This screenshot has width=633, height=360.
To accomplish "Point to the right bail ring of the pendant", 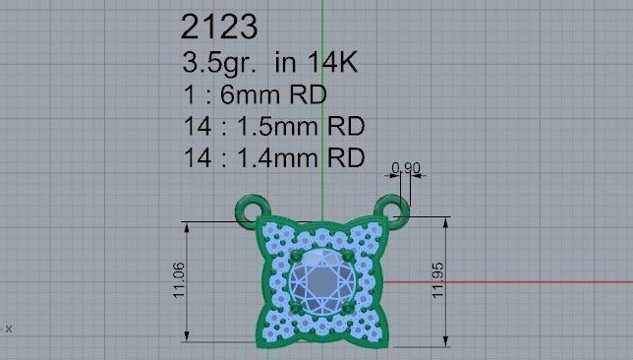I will (394, 210).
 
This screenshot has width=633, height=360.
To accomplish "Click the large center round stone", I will (320, 281).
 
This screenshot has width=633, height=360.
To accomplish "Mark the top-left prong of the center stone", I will (294, 256).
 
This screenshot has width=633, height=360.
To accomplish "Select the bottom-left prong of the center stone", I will (294, 308).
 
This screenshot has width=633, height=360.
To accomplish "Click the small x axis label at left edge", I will (9, 328).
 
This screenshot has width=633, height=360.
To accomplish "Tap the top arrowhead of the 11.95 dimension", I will (447, 219).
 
